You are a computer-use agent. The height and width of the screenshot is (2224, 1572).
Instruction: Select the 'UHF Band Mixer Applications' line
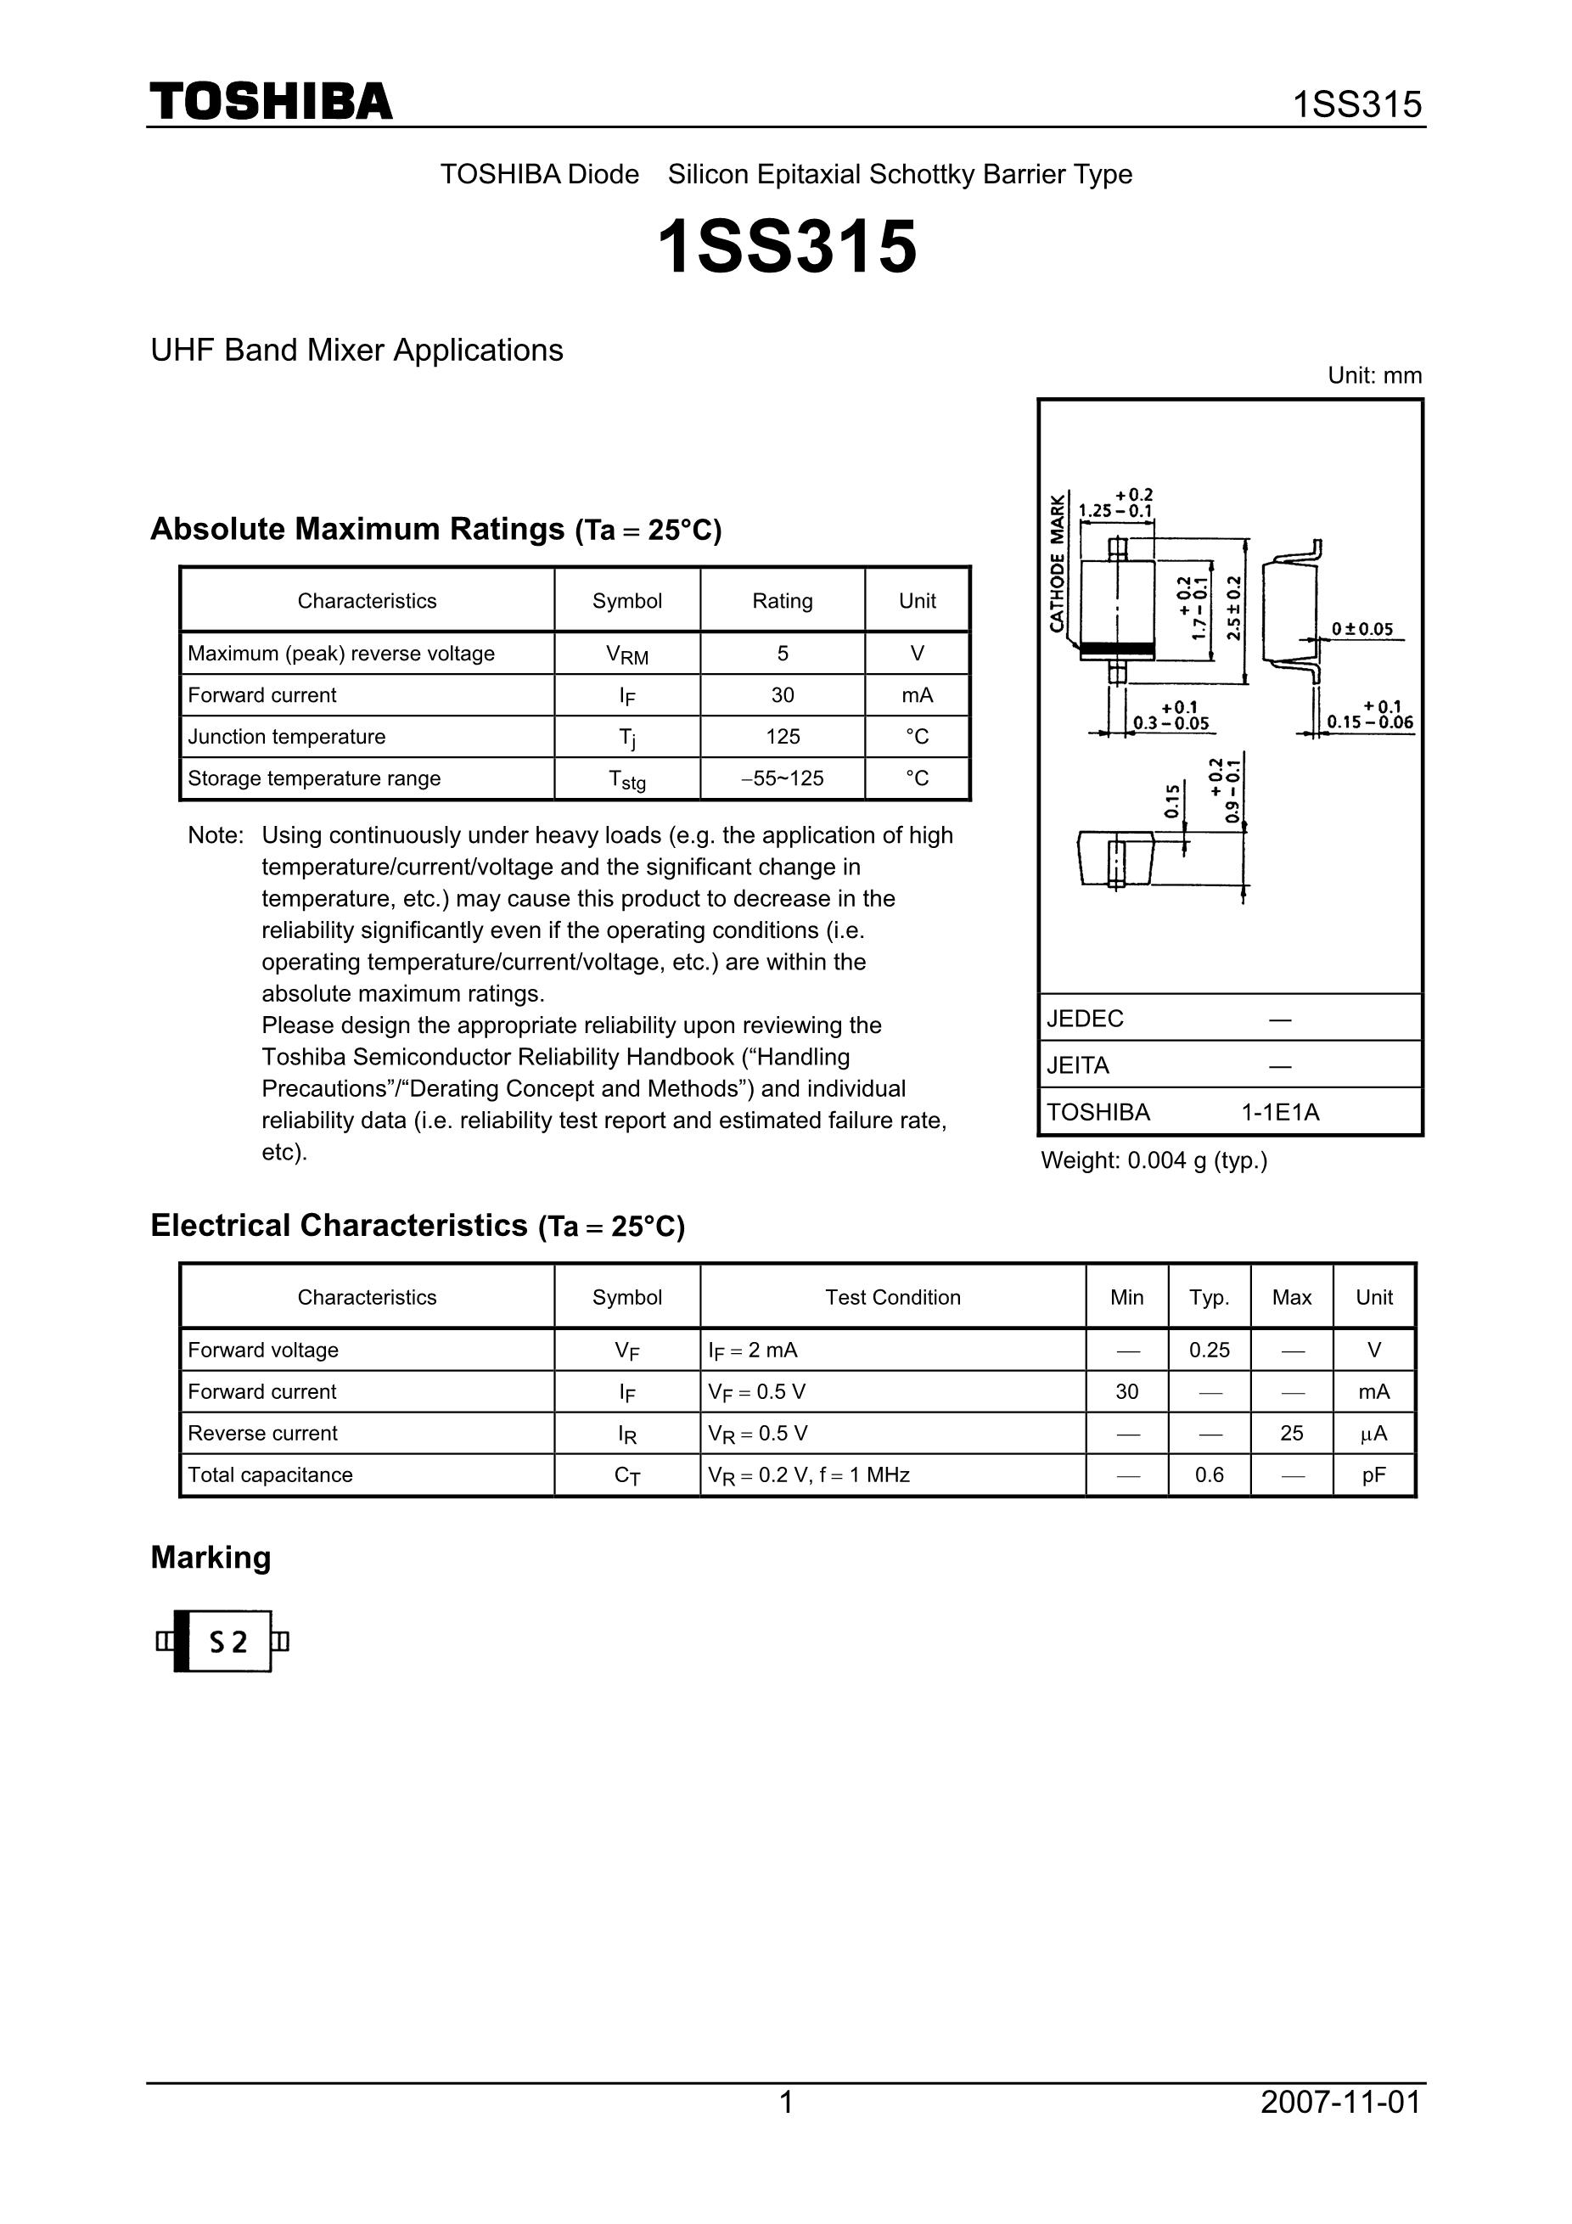click(357, 350)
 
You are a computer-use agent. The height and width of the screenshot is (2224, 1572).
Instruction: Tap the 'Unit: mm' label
click(1373, 376)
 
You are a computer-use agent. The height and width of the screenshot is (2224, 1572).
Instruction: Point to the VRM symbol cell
click(626, 654)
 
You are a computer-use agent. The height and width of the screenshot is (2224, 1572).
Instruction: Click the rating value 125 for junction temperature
click(783, 737)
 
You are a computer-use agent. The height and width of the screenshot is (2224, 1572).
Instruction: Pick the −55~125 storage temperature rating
click(783, 778)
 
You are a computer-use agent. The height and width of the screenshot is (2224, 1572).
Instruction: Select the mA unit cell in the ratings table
click(916, 695)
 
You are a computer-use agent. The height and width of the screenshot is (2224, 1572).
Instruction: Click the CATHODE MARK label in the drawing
click(1057, 563)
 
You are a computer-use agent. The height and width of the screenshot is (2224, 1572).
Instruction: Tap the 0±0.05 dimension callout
click(1361, 630)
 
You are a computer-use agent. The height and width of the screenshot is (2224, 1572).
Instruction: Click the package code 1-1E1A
click(1279, 1112)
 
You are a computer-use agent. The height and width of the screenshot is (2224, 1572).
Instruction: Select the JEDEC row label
click(1085, 1019)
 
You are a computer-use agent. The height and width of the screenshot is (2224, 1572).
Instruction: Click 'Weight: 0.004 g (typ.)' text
click(1154, 1160)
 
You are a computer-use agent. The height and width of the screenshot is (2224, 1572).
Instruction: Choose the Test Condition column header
click(892, 1298)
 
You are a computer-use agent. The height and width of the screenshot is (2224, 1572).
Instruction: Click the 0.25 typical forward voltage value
click(1209, 1351)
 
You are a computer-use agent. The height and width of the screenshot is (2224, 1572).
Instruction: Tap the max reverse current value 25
click(1291, 1434)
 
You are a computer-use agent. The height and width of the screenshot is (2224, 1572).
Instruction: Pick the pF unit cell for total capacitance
click(1373, 1475)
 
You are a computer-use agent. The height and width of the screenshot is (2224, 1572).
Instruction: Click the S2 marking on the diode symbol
click(228, 1642)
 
